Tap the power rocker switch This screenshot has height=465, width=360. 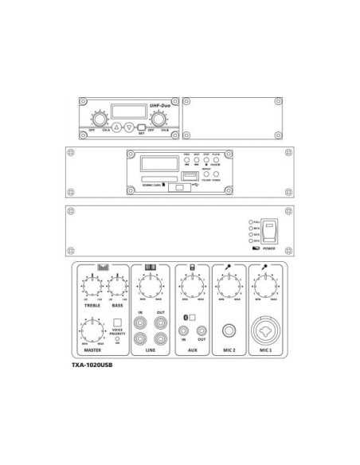pos(271,230)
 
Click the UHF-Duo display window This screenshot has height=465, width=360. pos(127,111)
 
